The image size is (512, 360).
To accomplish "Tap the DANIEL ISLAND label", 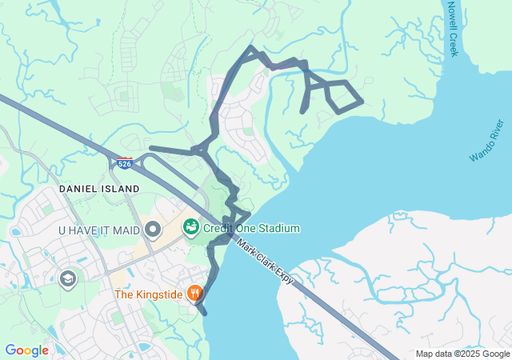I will pyautogui.click(x=99, y=189).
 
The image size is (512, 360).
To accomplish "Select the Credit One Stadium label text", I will pyautogui.click(x=251, y=229).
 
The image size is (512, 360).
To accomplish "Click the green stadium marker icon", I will pyautogui.click(x=191, y=228).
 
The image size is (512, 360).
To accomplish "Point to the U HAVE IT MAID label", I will pyautogui.click(x=99, y=230).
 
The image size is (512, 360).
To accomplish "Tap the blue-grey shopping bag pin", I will pyautogui.click(x=153, y=230).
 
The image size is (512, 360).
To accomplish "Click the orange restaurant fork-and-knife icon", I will pyautogui.click(x=194, y=294).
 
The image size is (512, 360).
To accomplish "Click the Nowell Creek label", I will pyautogui.click(x=453, y=28).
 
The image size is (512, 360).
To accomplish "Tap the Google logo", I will pyautogui.click(x=26, y=350).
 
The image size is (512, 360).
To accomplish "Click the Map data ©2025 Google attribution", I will pyautogui.click(x=462, y=354).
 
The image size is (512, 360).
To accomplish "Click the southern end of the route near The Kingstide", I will pyautogui.click(x=205, y=314).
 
